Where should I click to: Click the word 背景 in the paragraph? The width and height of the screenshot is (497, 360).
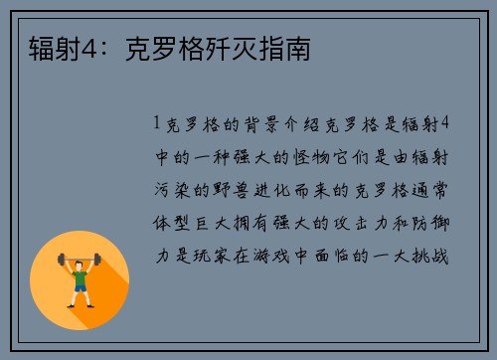257,125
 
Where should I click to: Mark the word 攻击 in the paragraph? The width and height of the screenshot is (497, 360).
347,224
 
